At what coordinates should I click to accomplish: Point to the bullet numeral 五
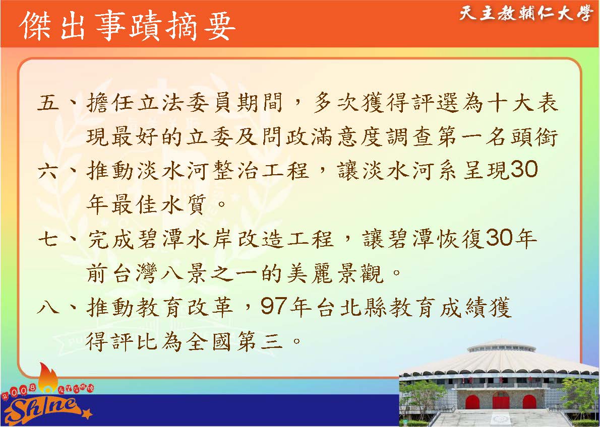click(48, 103)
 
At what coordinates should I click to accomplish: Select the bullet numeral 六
click(48, 171)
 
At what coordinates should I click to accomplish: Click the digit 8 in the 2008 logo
click(32, 388)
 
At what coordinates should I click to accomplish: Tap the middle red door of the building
click(501, 401)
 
